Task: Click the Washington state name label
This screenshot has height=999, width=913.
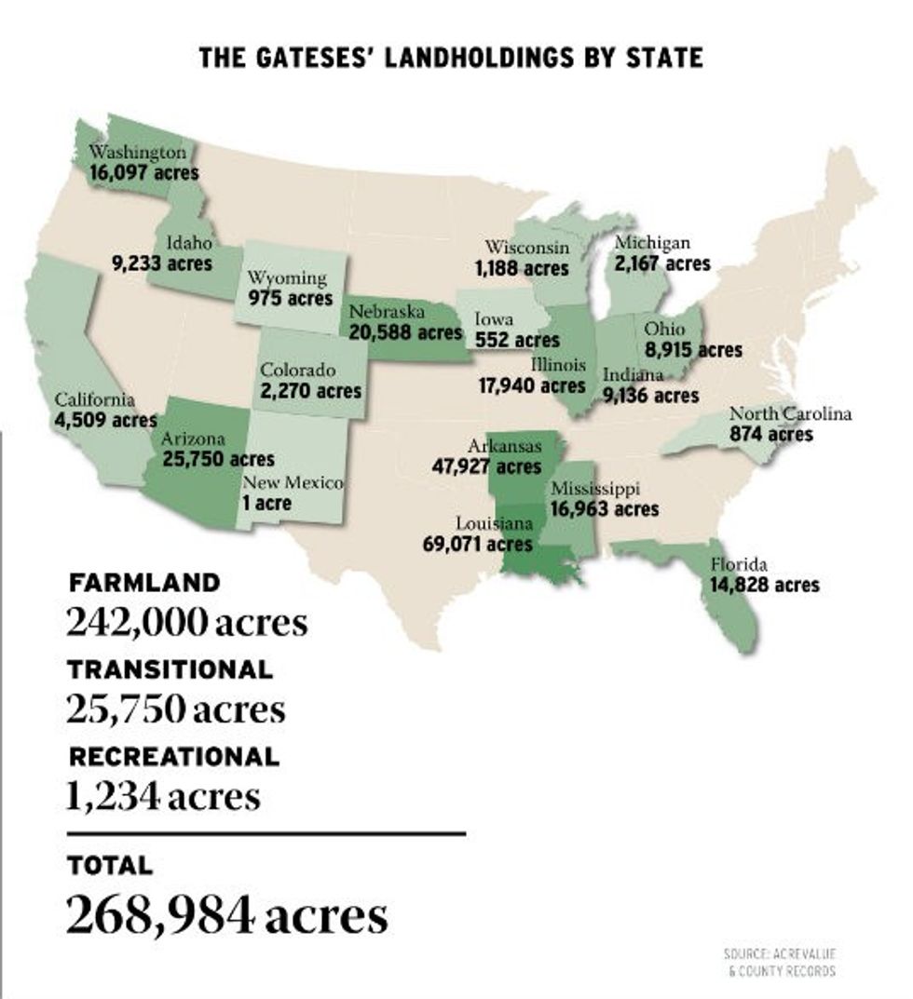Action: click(x=138, y=152)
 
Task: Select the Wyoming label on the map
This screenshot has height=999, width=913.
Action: click(x=286, y=277)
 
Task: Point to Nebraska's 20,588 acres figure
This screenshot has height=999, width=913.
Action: click(x=405, y=331)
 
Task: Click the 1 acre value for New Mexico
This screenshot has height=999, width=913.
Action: click(x=266, y=504)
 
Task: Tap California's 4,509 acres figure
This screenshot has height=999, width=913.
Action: click(x=105, y=420)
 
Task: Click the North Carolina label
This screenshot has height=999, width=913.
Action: click(x=790, y=414)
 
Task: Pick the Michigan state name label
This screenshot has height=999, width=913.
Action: click(x=652, y=244)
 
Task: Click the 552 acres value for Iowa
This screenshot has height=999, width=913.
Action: click(x=517, y=341)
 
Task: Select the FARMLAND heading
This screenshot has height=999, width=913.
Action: click(x=143, y=584)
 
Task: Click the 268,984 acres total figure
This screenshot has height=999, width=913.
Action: click(x=226, y=915)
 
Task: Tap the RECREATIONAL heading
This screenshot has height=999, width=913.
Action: click(x=173, y=756)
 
